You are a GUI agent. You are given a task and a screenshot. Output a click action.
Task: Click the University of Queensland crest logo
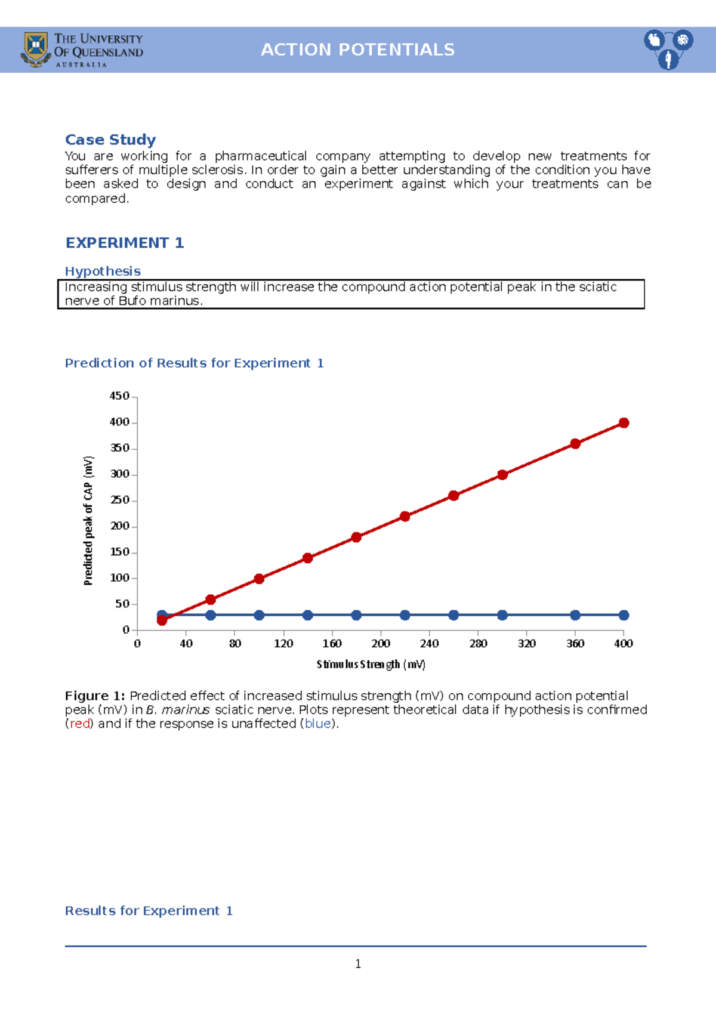pyautogui.click(x=36, y=49)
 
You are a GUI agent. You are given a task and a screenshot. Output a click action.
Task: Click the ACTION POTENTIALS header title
pyautogui.click(x=357, y=50)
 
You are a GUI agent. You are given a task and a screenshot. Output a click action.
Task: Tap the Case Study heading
pyautogui.click(x=110, y=140)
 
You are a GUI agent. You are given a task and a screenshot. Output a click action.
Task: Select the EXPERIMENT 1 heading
pyautogui.click(x=124, y=243)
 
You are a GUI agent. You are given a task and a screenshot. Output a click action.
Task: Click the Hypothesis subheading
pyautogui.click(x=103, y=271)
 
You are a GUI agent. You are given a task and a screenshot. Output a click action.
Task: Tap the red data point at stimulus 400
pyautogui.click(x=624, y=423)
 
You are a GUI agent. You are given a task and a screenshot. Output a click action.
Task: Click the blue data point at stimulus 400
pyautogui.click(x=624, y=615)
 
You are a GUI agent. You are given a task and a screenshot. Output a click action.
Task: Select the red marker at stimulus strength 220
pyautogui.click(x=405, y=517)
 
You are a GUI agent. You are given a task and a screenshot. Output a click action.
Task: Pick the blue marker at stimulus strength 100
pyautogui.click(x=259, y=615)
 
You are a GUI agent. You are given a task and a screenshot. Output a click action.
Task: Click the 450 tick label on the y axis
pyautogui.click(x=119, y=396)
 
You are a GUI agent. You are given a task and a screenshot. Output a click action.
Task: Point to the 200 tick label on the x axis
pyautogui.click(x=381, y=644)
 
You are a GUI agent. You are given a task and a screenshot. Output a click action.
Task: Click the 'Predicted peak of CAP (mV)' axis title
pyautogui.click(x=88, y=520)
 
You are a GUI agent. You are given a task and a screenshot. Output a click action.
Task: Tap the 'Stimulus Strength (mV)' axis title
pyautogui.click(x=371, y=665)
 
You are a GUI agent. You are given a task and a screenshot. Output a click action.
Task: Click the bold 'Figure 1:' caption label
pyautogui.click(x=95, y=696)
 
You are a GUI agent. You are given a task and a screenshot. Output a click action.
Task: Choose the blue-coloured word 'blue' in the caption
pyautogui.click(x=317, y=724)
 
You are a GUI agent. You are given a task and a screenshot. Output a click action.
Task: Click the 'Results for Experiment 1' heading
pyautogui.click(x=149, y=911)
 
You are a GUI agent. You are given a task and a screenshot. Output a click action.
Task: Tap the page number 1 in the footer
pyautogui.click(x=358, y=964)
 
